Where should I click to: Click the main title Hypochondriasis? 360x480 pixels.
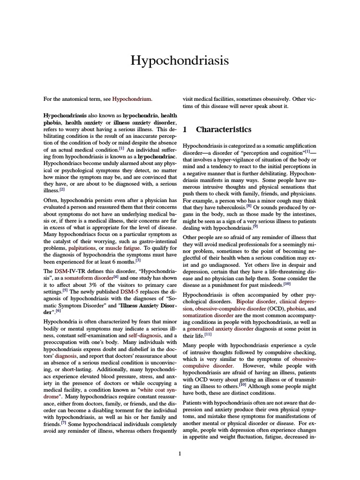(180, 60)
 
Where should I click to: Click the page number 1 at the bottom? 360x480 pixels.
(180, 453)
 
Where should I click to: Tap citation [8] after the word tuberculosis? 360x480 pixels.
(249, 206)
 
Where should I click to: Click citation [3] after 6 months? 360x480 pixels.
(138, 260)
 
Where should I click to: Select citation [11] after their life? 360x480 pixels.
(208, 335)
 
